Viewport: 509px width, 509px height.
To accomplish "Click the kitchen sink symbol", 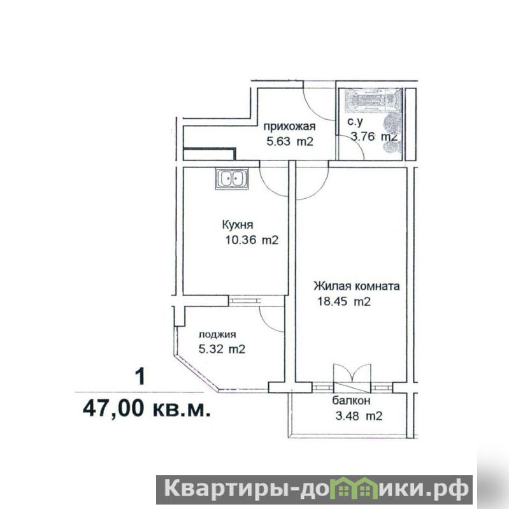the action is pos(231,178).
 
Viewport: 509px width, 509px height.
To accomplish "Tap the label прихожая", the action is pos(289,126).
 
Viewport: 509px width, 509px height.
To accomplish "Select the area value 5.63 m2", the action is pos(290,141).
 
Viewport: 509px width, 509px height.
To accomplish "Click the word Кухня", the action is pos(238,225).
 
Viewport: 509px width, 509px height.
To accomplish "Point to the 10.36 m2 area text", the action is pos(252,240).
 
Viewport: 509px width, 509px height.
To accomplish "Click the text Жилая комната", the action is pos(357,286).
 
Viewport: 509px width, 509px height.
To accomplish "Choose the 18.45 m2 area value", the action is pos(344,301).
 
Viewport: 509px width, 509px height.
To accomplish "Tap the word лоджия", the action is pos(217,334).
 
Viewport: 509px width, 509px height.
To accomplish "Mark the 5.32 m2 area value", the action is pos(222,349).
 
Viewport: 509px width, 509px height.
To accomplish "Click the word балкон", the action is pos(351,401).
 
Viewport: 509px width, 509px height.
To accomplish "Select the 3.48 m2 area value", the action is pos(359,416).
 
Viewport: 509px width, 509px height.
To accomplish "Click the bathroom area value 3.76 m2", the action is pos(374,136).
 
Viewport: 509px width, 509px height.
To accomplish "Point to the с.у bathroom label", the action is pos(355,122).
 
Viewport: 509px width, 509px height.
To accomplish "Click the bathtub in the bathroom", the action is pos(370,101).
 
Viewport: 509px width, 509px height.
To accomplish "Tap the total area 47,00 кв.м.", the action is pos(147,408).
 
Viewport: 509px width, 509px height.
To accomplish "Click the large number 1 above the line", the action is pos(140,376).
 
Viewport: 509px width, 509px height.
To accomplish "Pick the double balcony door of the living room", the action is pos(352,376).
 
